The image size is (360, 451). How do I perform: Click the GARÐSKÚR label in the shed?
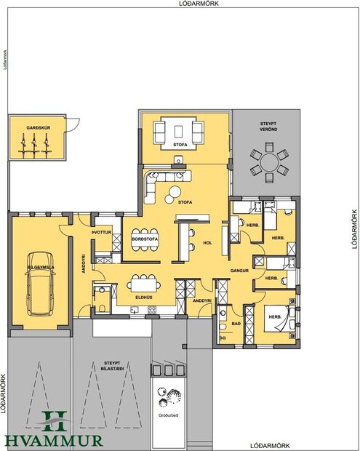pyautogui.click(x=37, y=128)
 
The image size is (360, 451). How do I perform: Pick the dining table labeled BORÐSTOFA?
pyautogui.click(x=143, y=241)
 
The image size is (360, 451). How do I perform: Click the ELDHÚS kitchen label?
pyautogui.click(x=143, y=298)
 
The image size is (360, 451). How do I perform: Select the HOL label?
pyautogui.click(x=207, y=243)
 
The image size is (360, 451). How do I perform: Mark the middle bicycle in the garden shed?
pyautogui.click(x=36, y=146)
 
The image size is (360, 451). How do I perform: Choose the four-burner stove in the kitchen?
pyautogui.click(x=152, y=311)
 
